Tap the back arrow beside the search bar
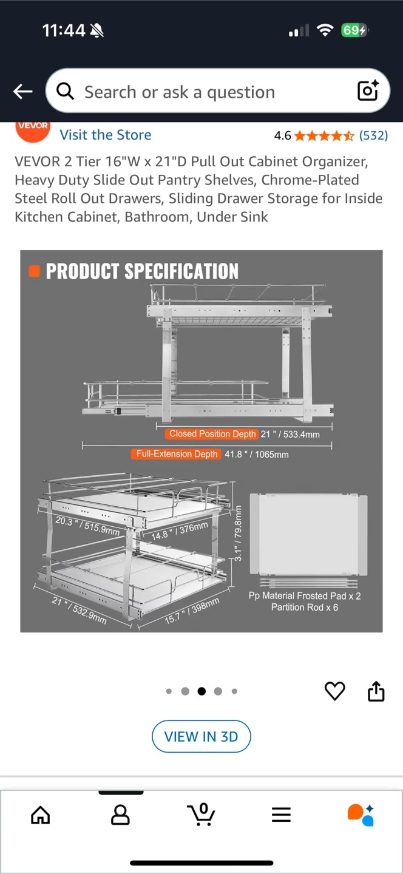22,92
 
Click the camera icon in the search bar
368,90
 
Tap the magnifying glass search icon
65,91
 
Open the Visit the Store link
106,135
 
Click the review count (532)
373,135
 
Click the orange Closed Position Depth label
212,434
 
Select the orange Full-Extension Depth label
177,454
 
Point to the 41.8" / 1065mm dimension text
257,455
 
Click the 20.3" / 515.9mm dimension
87,525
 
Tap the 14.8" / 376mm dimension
180,531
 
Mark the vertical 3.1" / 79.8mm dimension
238,533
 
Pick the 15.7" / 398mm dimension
192,611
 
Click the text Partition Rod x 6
305,607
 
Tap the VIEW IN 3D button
201,736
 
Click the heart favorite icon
335,691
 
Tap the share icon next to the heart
376,691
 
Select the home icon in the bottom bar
41,815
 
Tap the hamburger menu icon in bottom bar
281,815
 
